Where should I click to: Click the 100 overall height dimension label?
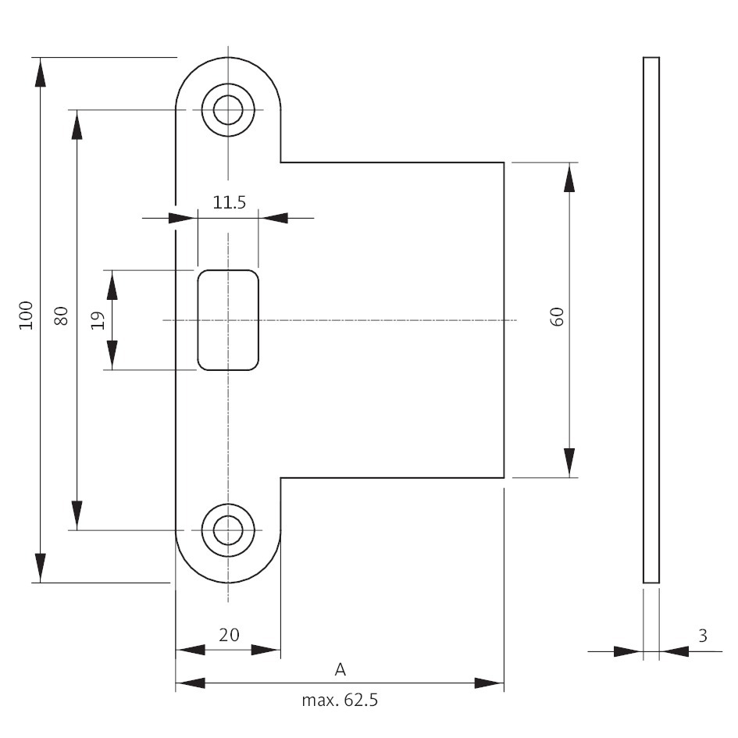(27, 315)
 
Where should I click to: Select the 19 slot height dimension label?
(98, 320)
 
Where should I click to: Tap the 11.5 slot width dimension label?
(229, 203)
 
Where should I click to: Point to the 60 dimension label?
(557, 317)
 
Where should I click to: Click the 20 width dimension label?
(228, 635)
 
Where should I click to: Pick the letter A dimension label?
(340, 669)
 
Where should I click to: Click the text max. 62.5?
(340, 700)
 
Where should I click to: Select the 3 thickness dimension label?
(702, 636)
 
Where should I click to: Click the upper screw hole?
(227, 109)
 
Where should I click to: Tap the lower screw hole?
(227, 529)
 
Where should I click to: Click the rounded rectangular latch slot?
(227, 319)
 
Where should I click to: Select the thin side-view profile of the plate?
(651, 319)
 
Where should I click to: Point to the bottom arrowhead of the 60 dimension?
(569, 462)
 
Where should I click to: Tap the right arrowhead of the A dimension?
(490, 683)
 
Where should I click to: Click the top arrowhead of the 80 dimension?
(77, 124)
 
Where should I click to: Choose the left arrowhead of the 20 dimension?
(190, 650)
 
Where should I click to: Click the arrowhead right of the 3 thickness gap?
(674, 650)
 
